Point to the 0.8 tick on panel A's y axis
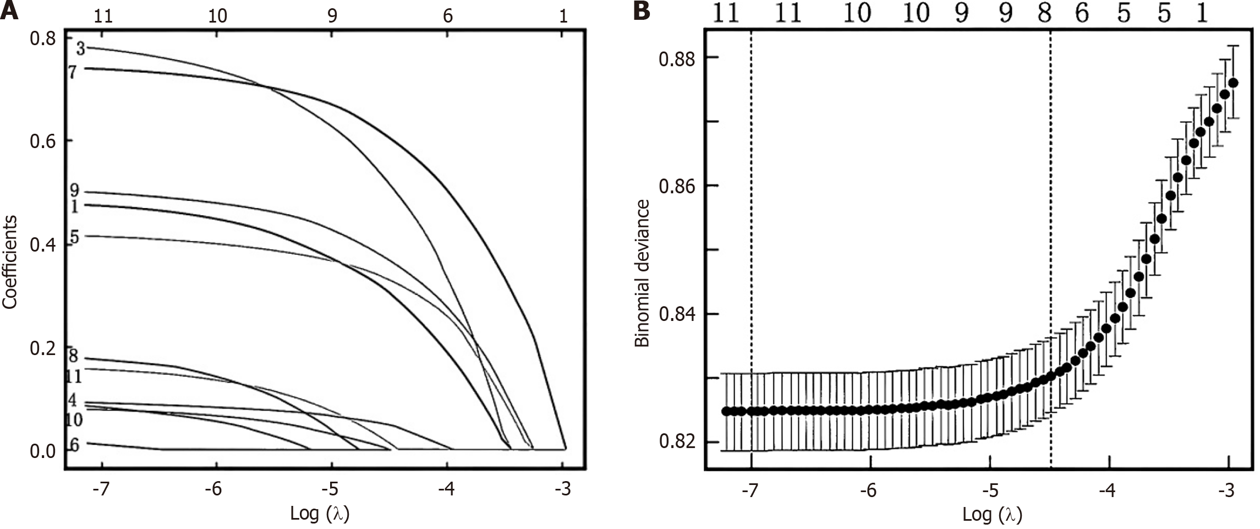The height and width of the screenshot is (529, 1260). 42,40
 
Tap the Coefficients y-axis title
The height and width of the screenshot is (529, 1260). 10,262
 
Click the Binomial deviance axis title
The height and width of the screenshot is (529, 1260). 642,274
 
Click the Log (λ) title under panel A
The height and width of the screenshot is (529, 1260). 320,513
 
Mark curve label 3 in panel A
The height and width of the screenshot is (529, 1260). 80,49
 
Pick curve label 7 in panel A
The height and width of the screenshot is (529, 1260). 72,72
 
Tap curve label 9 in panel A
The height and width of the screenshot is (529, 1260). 74,192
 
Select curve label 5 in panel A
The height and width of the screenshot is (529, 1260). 74,238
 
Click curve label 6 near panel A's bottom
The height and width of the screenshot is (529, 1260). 74,445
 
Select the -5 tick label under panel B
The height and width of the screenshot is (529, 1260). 989,490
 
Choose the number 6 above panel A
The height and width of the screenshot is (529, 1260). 448,16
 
